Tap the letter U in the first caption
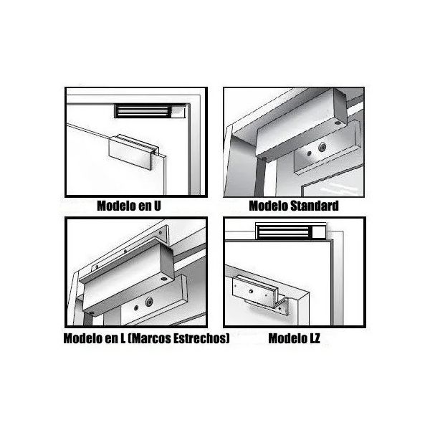(157, 206)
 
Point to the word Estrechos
(200, 338)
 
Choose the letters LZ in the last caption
(315, 338)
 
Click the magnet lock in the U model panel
(150, 111)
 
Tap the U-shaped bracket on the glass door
(133, 152)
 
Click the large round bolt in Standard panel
(322, 148)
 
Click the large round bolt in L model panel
(149, 302)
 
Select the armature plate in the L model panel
(153, 300)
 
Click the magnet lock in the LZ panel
(291, 231)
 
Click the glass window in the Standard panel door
(333, 183)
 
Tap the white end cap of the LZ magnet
(319, 232)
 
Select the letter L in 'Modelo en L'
(123, 338)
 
